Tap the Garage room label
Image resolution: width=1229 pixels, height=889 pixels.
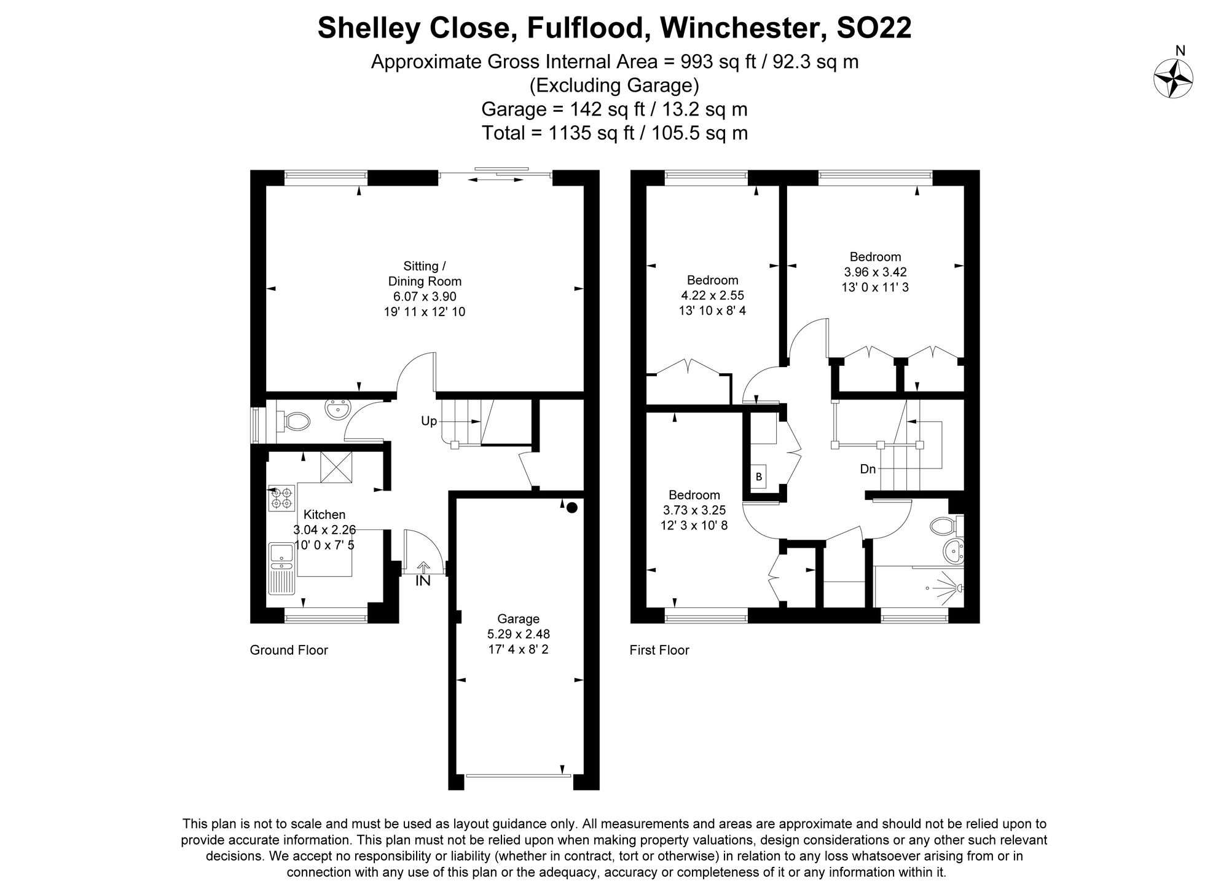pos(518,618)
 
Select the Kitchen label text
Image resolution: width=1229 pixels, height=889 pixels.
pos(324,515)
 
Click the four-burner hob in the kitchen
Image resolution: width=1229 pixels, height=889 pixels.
pos(281,498)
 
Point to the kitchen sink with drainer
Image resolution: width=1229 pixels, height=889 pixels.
pos(282,569)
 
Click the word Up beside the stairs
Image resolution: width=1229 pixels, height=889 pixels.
pos(429,421)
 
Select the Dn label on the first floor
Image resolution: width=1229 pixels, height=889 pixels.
pos(868,469)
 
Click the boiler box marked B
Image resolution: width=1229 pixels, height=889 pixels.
pos(758,476)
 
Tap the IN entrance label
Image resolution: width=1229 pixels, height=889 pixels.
pos(423,580)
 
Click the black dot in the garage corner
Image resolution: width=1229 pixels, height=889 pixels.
pos(571,507)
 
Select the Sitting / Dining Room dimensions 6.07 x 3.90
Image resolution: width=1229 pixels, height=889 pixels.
pos(424,296)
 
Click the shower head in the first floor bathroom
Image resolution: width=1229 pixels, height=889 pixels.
pos(959,588)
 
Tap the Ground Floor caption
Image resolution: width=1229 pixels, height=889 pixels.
pos(289,650)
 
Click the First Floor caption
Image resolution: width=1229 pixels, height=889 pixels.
pos(659,650)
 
